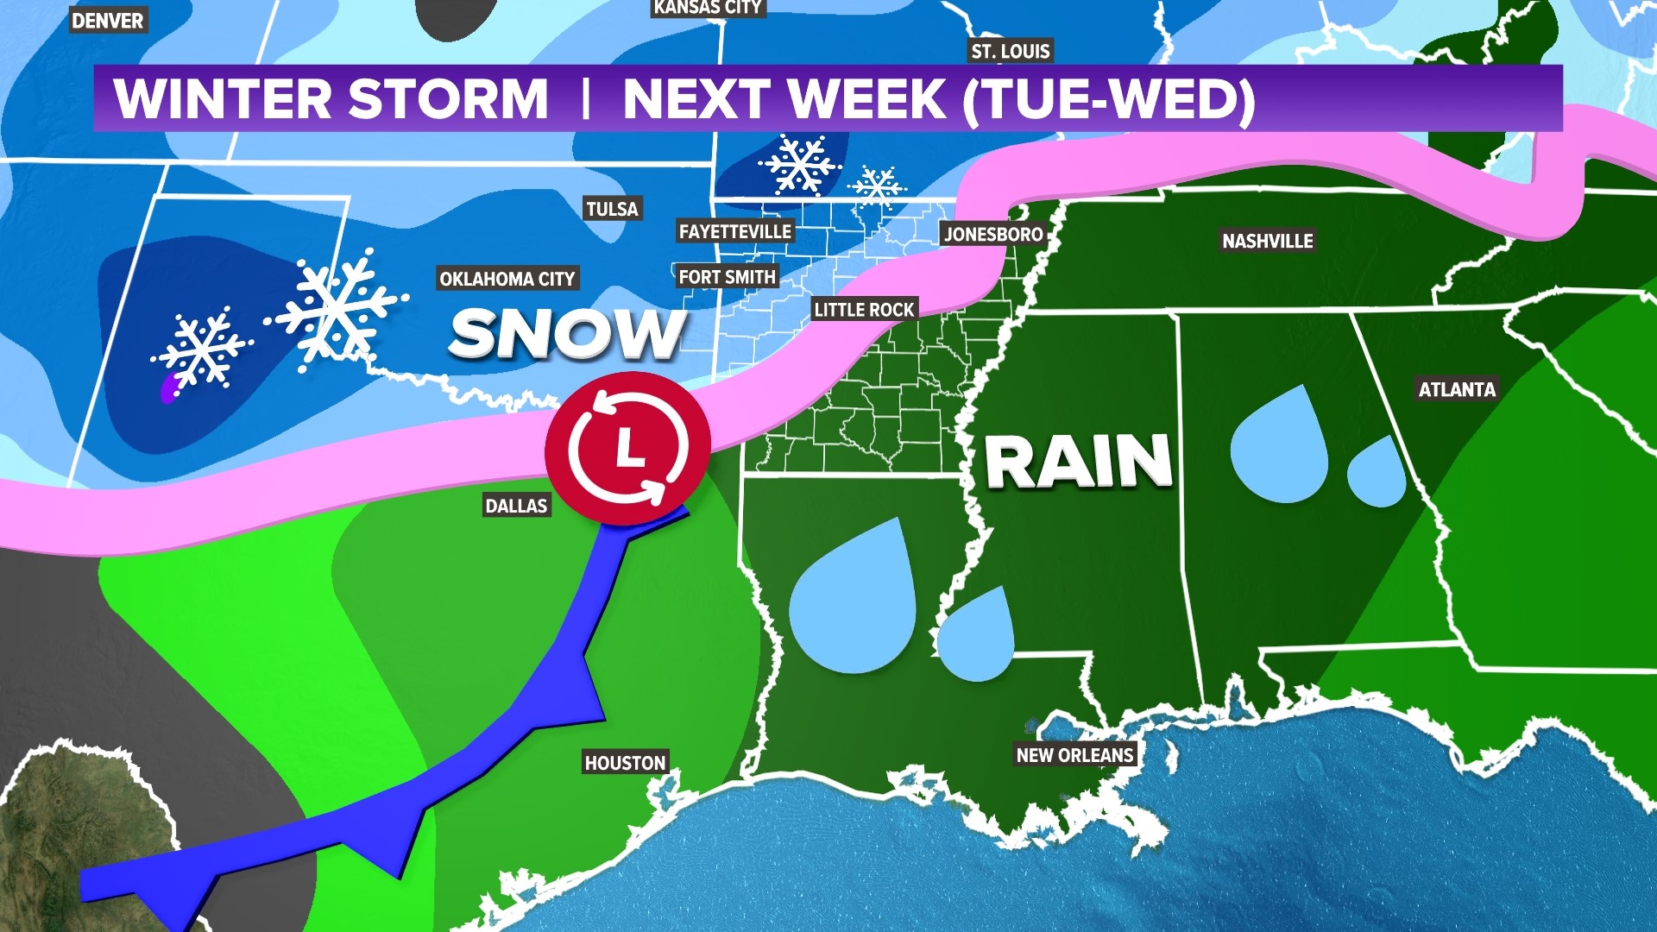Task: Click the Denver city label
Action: [x=108, y=21]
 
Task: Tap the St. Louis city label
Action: [x=1011, y=51]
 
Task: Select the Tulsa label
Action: [x=612, y=209]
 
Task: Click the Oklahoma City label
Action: [x=507, y=279]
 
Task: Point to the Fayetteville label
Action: [x=734, y=231]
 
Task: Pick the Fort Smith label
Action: [x=727, y=277]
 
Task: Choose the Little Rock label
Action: [x=864, y=310]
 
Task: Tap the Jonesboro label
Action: [x=993, y=234]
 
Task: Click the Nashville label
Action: [x=1267, y=241]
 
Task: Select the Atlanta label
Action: [x=1457, y=389]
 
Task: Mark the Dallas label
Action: [x=516, y=506]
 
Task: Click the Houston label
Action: [x=625, y=763]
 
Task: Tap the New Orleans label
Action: [x=1074, y=755]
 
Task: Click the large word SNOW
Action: [x=567, y=334]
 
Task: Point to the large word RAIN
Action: [x=1078, y=462]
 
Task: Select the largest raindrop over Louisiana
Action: [x=853, y=604]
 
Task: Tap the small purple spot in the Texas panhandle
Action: [x=169, y=390]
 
